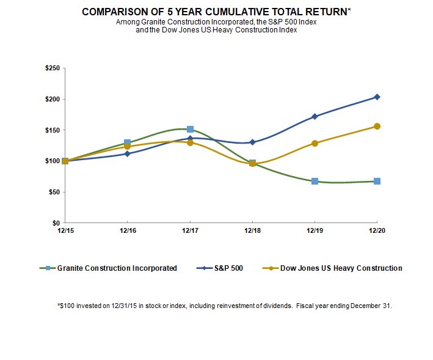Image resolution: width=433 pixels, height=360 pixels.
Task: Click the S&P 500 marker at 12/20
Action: [377, 97]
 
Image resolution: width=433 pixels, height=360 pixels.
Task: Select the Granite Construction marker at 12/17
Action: [190, 129]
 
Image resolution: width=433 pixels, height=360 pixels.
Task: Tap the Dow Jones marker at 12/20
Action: [377, 127]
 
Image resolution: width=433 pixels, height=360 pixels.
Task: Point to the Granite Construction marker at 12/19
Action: [315, 181]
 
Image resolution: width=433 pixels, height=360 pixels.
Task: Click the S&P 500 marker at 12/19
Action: [315, 116]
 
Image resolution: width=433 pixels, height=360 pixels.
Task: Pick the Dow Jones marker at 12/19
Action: [315, 143]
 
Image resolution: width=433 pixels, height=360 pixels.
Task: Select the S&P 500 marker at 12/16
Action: [127, 153]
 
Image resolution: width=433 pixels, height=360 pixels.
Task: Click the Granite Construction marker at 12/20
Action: [377, 181]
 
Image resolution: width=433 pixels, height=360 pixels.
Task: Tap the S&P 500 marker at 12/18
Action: [252, 142]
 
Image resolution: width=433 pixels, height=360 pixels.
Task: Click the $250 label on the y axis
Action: [52, 68]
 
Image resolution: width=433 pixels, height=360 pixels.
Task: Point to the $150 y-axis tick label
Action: [52, 130]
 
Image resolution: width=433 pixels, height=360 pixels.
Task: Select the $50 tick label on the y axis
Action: [54, 192]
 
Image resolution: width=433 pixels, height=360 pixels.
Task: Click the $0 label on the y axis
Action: [56, 223]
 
